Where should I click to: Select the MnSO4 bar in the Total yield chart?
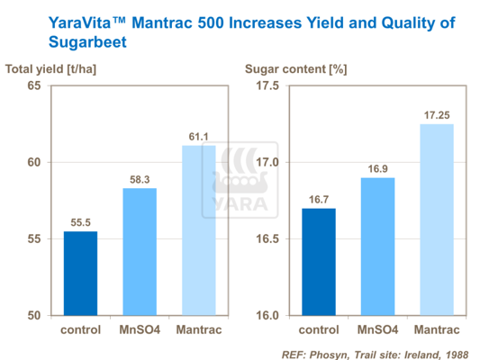(x=140, y=251)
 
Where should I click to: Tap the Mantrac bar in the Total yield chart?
(x=198, y=229)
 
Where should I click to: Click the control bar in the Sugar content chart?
(x=318, y=262)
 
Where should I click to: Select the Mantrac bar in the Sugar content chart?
(x=436, y=220)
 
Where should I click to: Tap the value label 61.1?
(x=198, y=137)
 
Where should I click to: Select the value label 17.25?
(x=436, y=116)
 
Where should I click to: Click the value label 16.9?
(x=377, y=169)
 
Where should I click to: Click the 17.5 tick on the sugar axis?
(x=268, y=85)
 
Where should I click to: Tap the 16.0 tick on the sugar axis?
(x=268, y=315)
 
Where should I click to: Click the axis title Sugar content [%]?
(x=296, y=68)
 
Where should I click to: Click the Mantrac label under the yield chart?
(x=198, y=329)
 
